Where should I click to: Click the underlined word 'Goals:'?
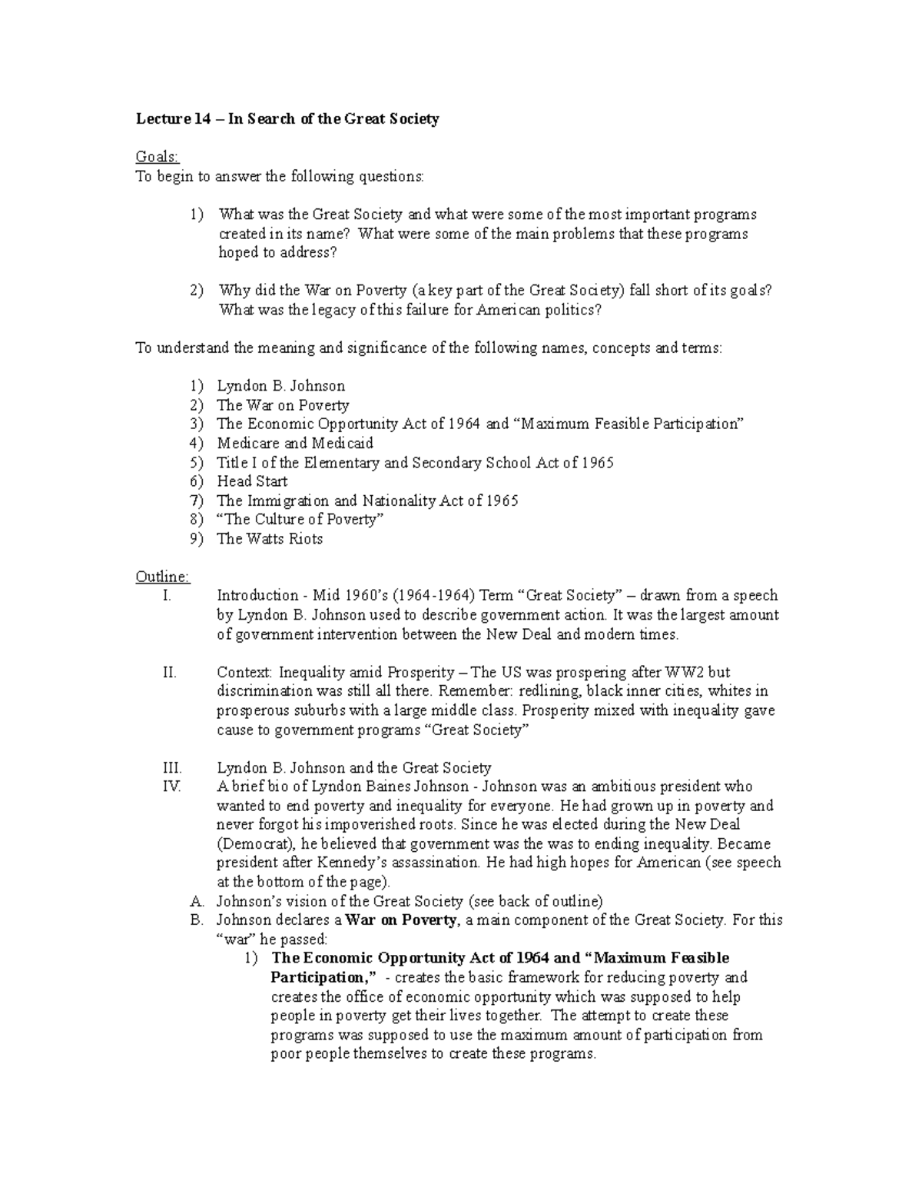click(157, 158)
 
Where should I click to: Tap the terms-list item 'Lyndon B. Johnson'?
click(280, 386)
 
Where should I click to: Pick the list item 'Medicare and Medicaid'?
click(295, 443)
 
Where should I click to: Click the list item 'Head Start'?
click(252, 481)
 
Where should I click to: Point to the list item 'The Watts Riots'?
click(270, 539)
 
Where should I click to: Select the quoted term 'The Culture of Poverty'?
click(300, 520)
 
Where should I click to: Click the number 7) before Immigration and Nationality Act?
click(197, 501)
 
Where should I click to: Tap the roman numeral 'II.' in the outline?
click(170, 673)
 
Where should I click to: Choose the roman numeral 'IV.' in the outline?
click(172, 787)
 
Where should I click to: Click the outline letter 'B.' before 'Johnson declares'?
click(197, 920)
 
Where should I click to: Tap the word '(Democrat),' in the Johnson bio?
click(256, 843)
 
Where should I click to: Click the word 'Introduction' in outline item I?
click(257, 596)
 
